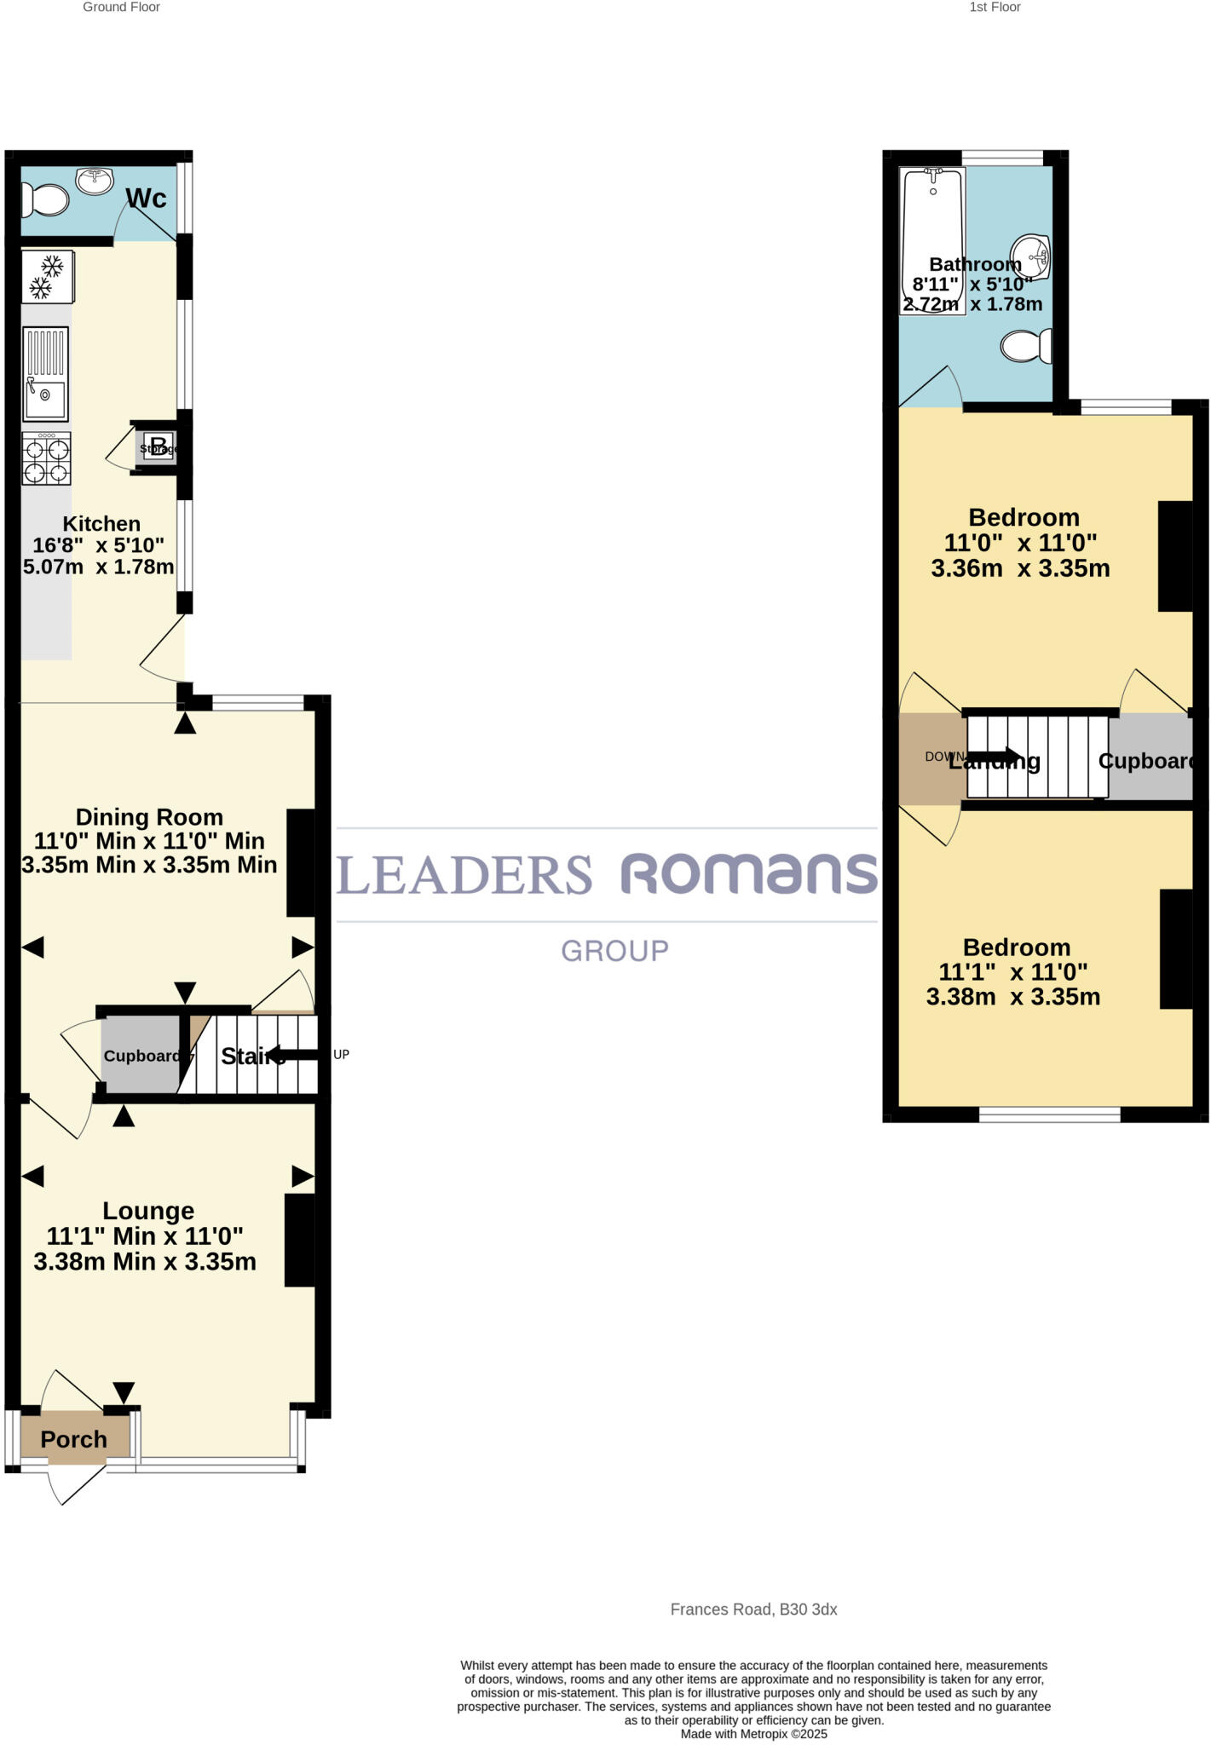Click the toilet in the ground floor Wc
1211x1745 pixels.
coord(46,202)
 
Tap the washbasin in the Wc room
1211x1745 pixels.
coord(95,181)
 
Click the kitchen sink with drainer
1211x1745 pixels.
coord(46,374)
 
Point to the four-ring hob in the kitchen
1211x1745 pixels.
coord(47,458)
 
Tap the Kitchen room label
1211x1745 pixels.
coord(101,524)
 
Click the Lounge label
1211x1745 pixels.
coord(148,1211)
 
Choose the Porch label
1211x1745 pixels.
coord(74,1439)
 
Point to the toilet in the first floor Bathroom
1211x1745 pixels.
coord(1025,347)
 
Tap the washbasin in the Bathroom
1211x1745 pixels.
coord(1031,256)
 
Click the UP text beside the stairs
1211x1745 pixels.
coord(341,1054)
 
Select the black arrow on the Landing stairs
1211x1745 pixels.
coord(994,756)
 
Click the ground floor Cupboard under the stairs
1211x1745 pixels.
coord(141,1056)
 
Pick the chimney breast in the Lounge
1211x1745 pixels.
coord(299,1240)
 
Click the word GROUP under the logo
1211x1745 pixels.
coord(614,951)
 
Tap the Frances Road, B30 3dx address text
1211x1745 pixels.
coord(753,1610)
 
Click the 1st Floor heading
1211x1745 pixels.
coord(995,8)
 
